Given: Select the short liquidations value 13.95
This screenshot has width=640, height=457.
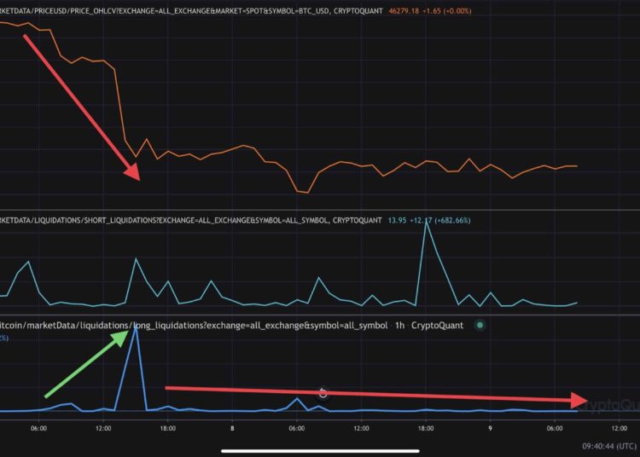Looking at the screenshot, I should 398,221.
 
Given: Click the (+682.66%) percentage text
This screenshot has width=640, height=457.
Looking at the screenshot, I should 451,221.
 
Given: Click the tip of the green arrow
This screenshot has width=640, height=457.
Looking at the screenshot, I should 130,326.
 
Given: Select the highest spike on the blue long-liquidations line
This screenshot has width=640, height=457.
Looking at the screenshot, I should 133,327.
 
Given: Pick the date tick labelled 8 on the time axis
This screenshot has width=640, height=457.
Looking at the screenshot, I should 232,430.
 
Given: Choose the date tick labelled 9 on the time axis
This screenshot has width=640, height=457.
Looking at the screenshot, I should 490,430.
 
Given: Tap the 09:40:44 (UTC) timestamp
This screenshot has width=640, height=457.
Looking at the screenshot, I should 609,445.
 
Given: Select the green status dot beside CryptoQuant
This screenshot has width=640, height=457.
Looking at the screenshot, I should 480,325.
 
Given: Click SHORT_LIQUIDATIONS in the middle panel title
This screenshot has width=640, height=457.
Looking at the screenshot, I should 121,221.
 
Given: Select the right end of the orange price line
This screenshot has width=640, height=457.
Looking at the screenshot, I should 577,166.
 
